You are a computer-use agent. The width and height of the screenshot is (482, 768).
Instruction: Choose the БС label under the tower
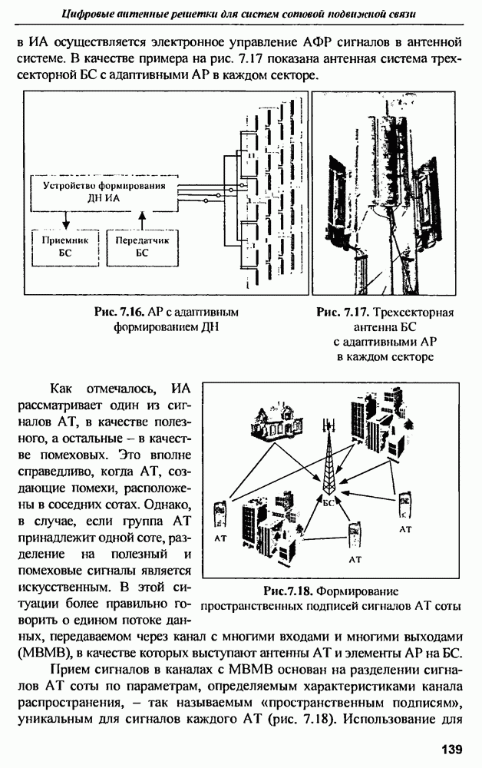click(x=329, y=502)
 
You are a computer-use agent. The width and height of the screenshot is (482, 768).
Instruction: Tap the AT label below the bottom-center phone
click(x=355, y=560)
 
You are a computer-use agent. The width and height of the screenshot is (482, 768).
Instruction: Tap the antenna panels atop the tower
click(x=328, y=426)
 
